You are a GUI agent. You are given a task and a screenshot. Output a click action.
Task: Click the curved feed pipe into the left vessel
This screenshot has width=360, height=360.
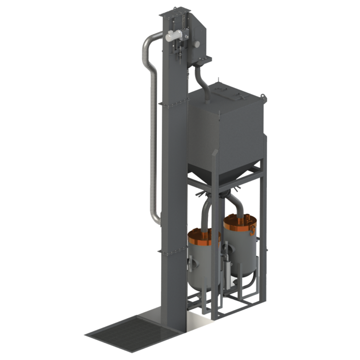pyautogui.click(x=205, y=211)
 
